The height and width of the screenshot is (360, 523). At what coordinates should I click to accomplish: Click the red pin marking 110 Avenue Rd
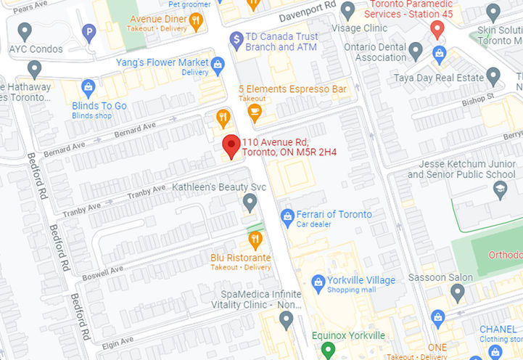[x=231, y=145]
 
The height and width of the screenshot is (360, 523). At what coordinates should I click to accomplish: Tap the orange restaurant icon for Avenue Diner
[x=196, y=21]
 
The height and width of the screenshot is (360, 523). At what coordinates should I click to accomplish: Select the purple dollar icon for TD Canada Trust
[x=236, y=39]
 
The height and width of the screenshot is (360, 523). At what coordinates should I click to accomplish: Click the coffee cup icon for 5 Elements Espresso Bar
[x=253, y=111]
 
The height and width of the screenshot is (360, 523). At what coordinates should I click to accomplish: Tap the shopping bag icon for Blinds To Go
[x=88, y=88]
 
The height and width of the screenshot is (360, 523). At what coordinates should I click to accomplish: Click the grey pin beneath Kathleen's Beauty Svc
[x=250, y=202]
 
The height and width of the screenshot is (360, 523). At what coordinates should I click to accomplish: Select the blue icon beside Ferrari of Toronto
[x=287, y=216]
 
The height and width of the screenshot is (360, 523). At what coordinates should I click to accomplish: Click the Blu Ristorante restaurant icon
[x=255, y=240]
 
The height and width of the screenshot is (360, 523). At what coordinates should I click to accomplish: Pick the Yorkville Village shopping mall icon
[x=318, y=282]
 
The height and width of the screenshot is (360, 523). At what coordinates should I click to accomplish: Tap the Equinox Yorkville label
[x=347, y=335]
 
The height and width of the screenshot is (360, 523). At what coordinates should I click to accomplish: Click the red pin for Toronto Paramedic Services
[x=437, y=29]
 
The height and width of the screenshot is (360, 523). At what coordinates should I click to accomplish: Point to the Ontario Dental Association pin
[x=416, y=51]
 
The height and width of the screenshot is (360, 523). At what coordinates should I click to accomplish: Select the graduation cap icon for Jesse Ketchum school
[x=499, y=190]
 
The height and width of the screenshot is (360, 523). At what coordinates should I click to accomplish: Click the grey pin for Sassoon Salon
[x=457, y=292]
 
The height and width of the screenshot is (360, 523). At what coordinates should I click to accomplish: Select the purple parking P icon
[x=89, y=32]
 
